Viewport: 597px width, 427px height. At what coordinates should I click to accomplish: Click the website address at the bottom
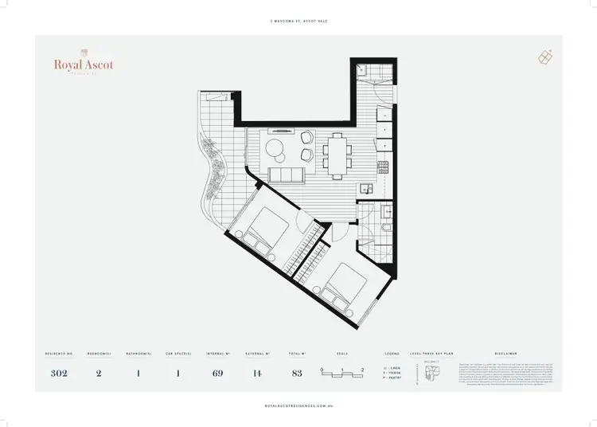pos(298,405)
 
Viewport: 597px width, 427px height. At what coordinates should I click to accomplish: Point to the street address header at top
pos(298,22)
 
